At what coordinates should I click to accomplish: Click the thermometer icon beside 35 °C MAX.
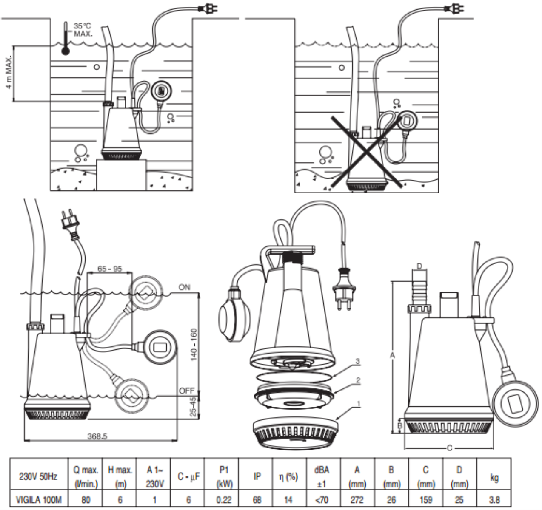click(65, 39)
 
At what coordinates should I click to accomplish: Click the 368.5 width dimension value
click(97, 436)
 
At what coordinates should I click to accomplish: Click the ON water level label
click(184, 287)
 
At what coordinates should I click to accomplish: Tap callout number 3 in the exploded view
click(358, 361)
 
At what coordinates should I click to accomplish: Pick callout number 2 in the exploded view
click(358, 380)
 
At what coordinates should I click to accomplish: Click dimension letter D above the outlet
click(419, 266)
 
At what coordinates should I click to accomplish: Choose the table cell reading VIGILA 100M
click(39, 499)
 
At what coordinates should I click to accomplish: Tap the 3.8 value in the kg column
click(494, 499)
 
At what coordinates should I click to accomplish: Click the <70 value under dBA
click(322, 499)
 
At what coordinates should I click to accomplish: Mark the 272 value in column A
click(357, 499)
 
